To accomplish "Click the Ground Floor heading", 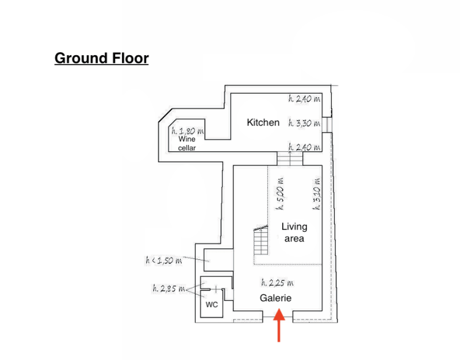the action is (x=102, y=58).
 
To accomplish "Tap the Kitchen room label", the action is (x=263, y=122).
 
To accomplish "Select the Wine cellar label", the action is (x=187, y=143).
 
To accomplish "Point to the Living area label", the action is (x=294, y=232).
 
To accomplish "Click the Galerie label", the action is (x=275, y=298).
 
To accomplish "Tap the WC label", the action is (x=212, y=305).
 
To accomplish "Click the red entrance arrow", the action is (x=279, y=325).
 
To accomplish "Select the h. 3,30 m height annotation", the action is (x=304, y=123).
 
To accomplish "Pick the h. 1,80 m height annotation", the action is (x=188, y=131).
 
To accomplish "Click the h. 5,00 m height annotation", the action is (x=280, y=193).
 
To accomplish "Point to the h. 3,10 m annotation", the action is (x=317, y=193).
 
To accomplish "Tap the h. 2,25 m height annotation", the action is (x=277, y=282).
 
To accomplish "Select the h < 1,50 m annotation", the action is (x=164, y=260).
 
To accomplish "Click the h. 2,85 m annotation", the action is (x=168, y=289).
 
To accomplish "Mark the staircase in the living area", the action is (x=261, y=240).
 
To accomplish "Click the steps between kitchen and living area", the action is (x=290, y=159).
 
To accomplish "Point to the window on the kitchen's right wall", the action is (x=327, y=125).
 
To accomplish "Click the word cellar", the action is (x=187, y=148).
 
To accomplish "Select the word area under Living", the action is (x=294, y=239).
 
